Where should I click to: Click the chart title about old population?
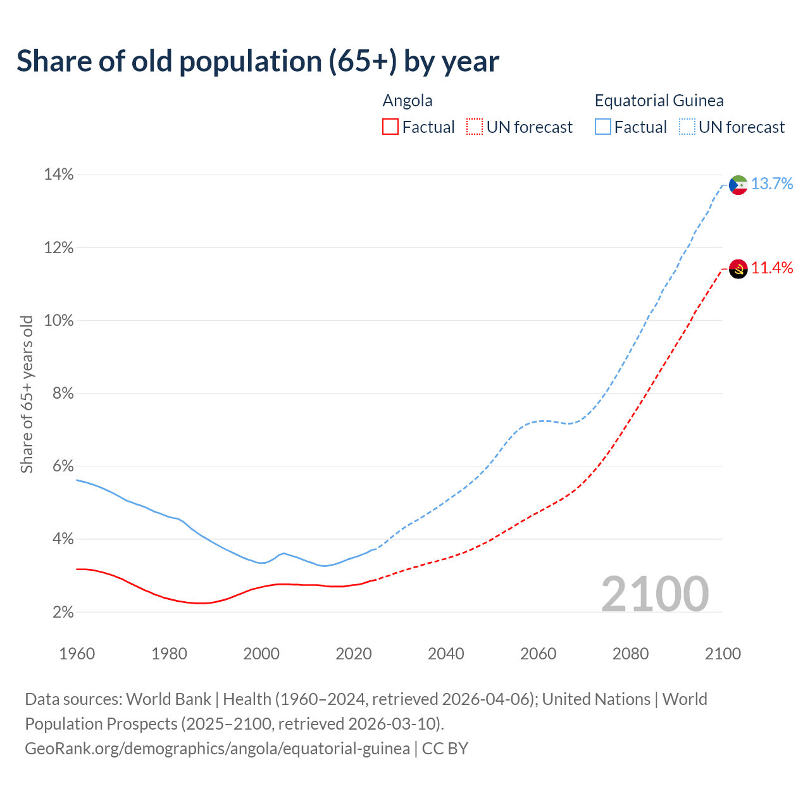point(258,61)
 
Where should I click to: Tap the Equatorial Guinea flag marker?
point(738,185)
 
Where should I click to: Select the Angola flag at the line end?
point(738,269)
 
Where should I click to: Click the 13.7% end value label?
point(772,184)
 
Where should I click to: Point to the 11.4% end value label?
point(772,268)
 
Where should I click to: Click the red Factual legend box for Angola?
point(390,127)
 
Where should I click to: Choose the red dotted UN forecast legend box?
point(475,127)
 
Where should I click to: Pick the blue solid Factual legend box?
point(603,127)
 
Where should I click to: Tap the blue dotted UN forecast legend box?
point(687,127)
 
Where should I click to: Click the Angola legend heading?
point(408,101)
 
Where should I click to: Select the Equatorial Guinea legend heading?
point(659,101)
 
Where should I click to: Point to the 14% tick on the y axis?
point(59,175)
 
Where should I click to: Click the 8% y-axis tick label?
point(59,394)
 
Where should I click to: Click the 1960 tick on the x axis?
point(77,654)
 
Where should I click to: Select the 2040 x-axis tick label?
point(446,654)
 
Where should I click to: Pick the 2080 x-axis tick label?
point(630,654)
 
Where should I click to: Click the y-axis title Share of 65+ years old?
point(27,394)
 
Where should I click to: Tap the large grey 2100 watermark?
point(655,594)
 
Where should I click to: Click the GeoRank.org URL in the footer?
point(217,749)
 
